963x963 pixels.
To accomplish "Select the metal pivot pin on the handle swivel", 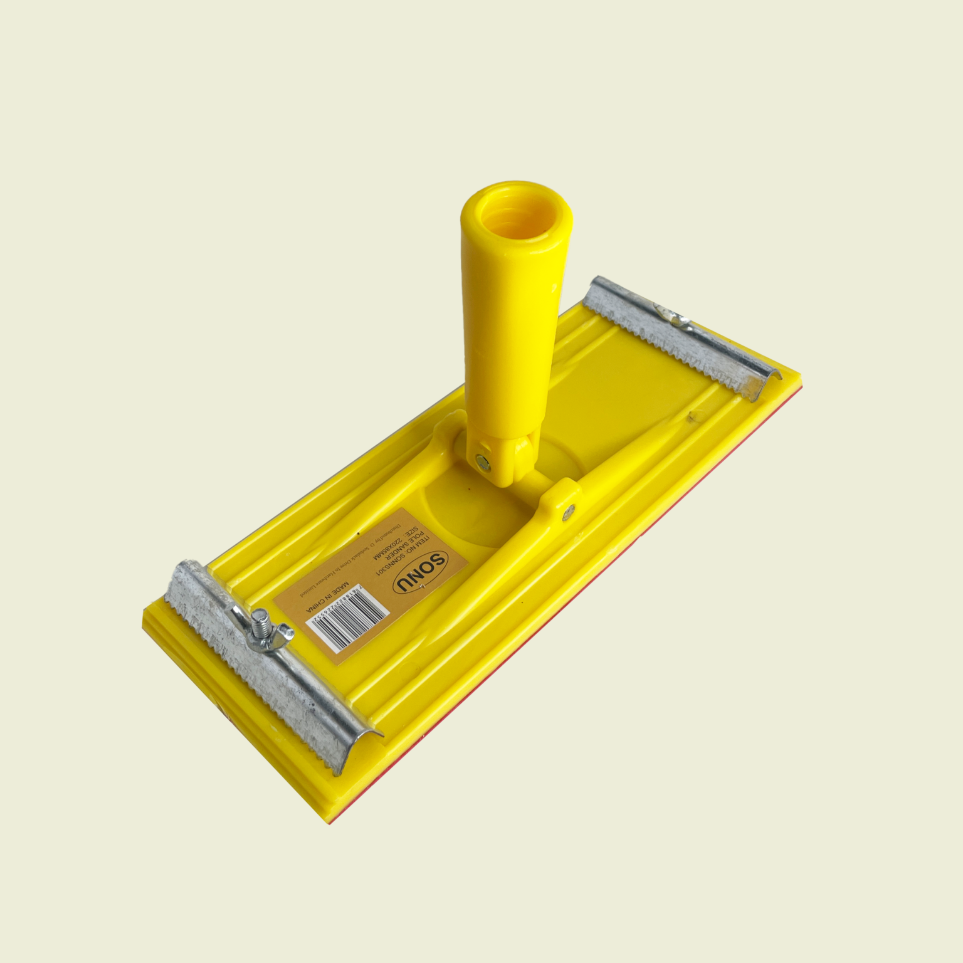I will pyautogui.click(x=483, y=462).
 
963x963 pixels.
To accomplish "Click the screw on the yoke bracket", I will pyautogui.click(x=568, y=512).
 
